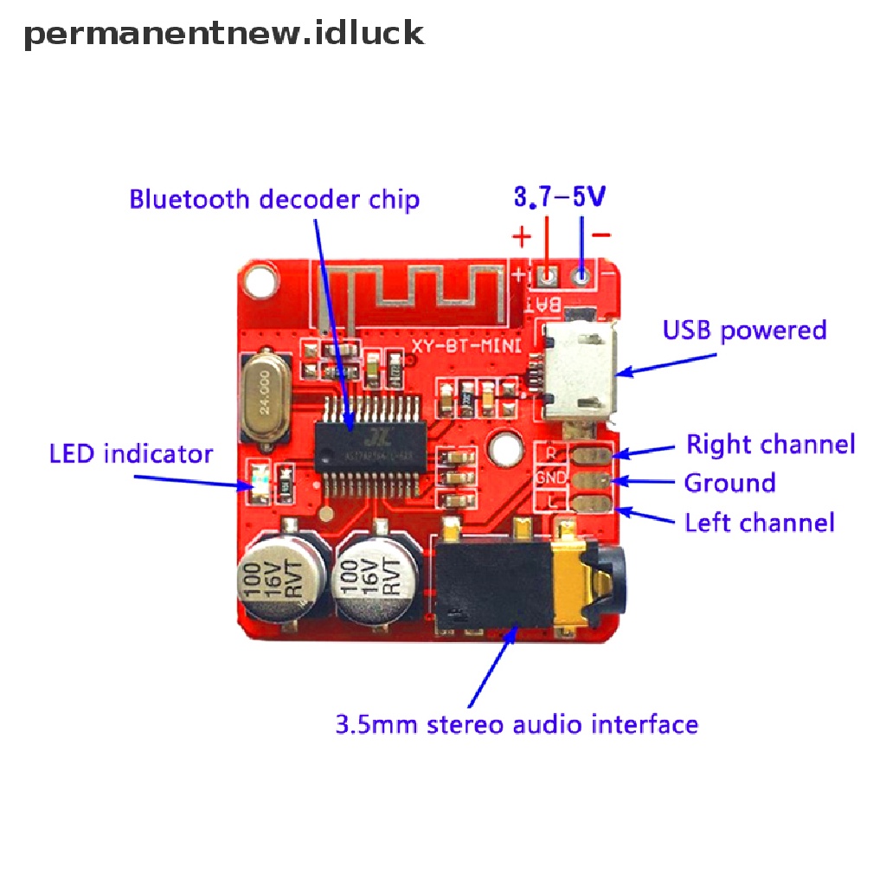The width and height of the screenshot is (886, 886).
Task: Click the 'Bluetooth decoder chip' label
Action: tap(274, 200)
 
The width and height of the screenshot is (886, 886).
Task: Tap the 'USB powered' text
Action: tap(744, 331)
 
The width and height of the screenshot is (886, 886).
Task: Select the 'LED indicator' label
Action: tap(131, 453)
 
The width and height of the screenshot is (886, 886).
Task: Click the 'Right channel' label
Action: tap(770, 444)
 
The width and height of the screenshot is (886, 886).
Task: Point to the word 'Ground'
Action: tap(729, 483)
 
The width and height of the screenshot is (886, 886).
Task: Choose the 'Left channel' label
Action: tap(759, 523)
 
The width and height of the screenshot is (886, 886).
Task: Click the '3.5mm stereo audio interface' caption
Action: tap(516, 723)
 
